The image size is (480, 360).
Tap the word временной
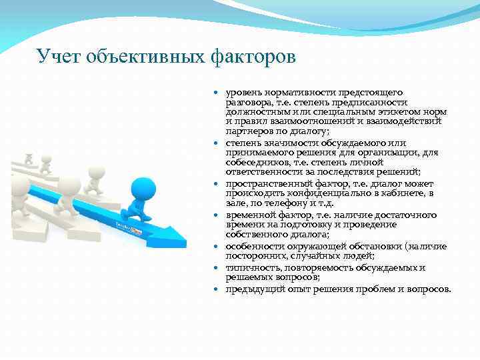click(x=251, y=215)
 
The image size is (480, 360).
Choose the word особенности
click(x=253, y=246)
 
